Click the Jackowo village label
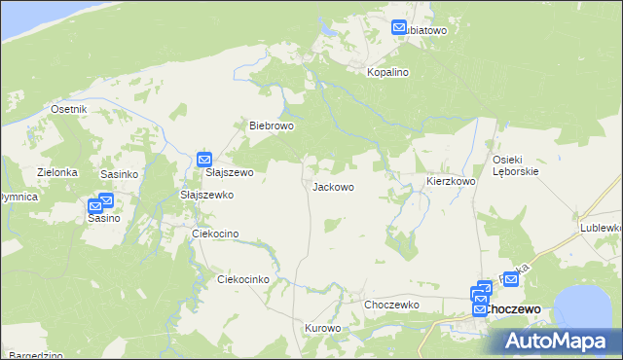click(333, 186)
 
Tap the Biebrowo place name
click(272, 126)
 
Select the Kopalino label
click(387, 73)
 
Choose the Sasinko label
click(120, 173)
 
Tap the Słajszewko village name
click(207, 195)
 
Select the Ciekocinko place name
click(242, 279)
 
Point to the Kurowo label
click(323, 329)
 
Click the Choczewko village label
click(391, 305)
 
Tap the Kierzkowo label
click(451, 182)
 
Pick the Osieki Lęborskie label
click(516, 164)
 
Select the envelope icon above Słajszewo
click(204, 159)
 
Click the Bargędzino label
click(32, 355)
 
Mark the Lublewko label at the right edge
click(601, 227)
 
